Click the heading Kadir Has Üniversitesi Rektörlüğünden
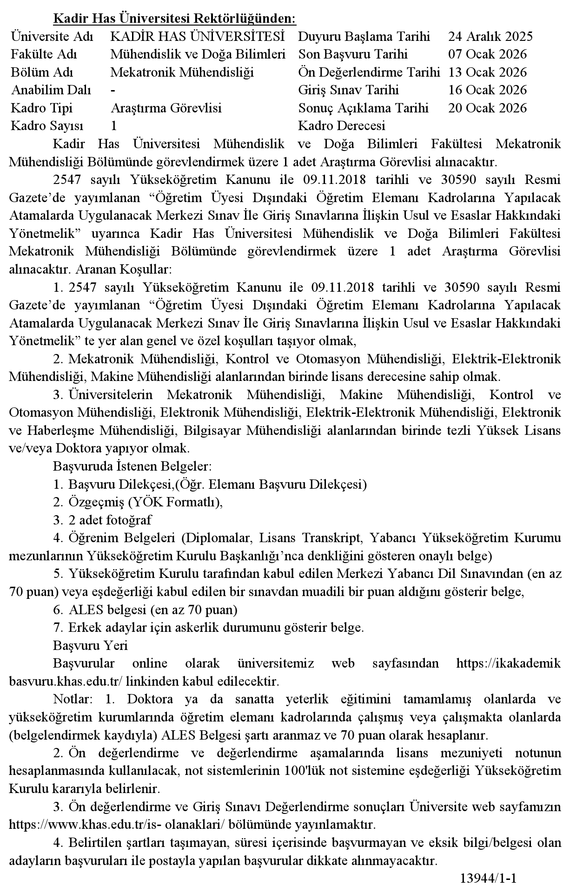175,19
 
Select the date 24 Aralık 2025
490,37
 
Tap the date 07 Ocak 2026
487,54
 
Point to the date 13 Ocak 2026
487,72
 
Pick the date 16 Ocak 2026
487,90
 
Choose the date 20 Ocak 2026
487,108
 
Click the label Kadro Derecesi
342,126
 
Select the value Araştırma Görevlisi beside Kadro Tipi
166,108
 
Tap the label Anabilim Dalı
51,90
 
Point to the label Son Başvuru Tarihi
353,54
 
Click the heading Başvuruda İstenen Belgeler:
133,466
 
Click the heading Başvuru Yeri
90,645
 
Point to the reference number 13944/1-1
488,879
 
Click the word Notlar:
73,699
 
